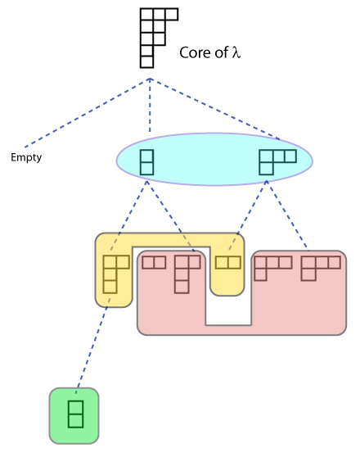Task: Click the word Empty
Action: click(26, 158)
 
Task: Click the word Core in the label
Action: click(196, 52)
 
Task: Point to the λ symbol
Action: click(236, 52)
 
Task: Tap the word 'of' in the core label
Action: click(222, 52)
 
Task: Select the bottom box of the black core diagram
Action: click(146, 61)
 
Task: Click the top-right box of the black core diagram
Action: click(172, 14)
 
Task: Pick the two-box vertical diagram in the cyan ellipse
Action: click(146, 162)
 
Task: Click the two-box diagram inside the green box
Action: click(76, 414)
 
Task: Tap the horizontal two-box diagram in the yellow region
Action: click(228, 262)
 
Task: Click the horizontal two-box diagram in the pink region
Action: click(154, 262)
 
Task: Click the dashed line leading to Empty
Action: click(87, 113)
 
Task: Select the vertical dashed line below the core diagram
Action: click(150, 106)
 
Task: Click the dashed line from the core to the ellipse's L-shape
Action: click(214, 108)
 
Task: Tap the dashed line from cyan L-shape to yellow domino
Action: click(247, 215)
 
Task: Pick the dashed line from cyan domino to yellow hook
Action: click(128, 215)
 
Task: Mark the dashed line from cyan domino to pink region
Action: click(170, 215)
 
